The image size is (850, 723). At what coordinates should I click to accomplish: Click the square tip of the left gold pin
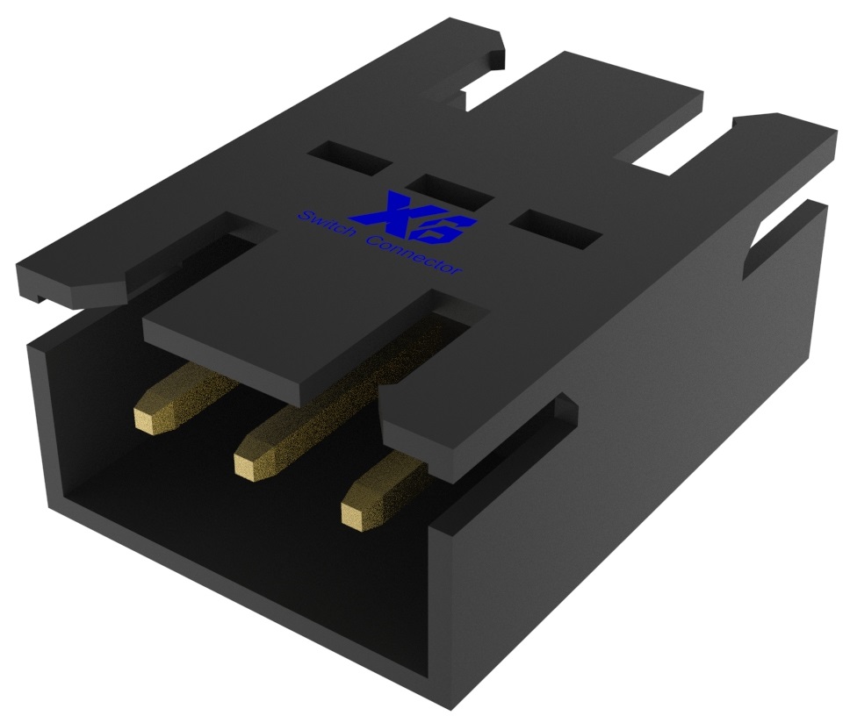[150, 419]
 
